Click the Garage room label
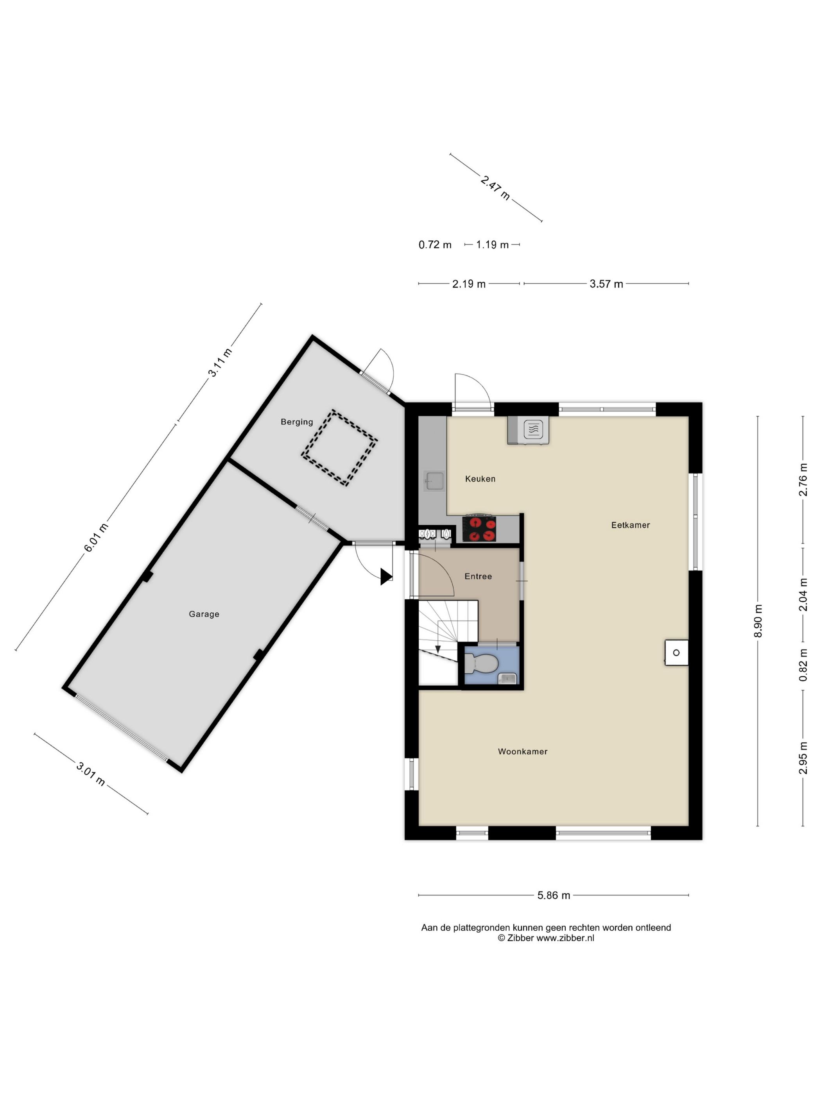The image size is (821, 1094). coord(204,614)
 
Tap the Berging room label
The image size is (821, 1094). coord(297,422)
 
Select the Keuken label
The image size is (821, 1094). coord(480,479)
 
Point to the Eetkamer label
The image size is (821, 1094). coord(631,525)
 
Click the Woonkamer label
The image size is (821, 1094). coord(523,751)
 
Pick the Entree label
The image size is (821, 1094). coord(478,576)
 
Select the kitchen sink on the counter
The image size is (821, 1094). coord(434,481)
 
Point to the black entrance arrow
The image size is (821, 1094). coord(386,577)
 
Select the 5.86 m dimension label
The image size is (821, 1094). coord(554,896)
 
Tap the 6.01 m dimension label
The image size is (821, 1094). coord(95,538)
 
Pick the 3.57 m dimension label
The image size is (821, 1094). coord(606,284)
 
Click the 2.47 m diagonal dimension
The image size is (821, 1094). coord(495,188)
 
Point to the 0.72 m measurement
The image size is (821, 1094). coord(435,245)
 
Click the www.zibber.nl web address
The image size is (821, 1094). coord(565,938)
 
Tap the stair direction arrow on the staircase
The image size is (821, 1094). coord(438,649)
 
